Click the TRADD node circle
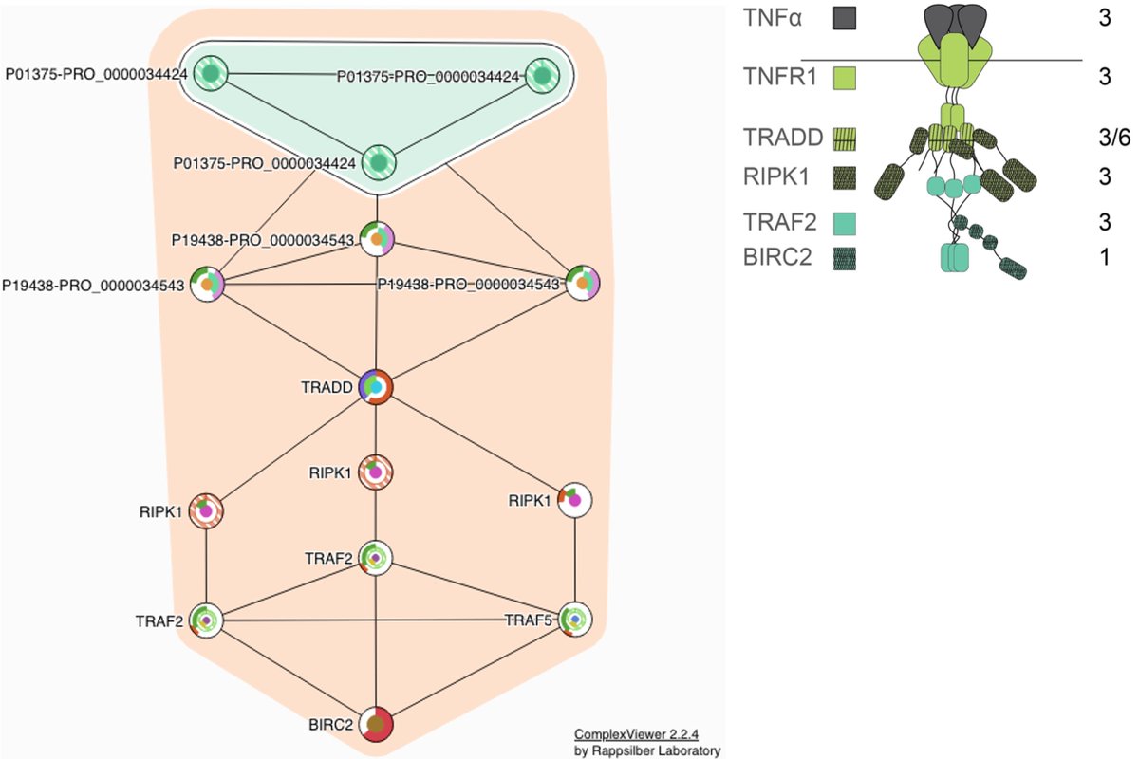tap(377, 387)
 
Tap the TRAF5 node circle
tap(574, 620)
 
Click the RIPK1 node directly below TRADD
tap(377, 472)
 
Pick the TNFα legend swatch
tap(844, 17)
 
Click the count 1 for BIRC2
tap(1105, 257)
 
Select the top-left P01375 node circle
tap(211, 73)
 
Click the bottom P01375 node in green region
tap(379, 162)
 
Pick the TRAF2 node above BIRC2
tap(377, 559)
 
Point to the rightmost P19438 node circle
tap(581, 283)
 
